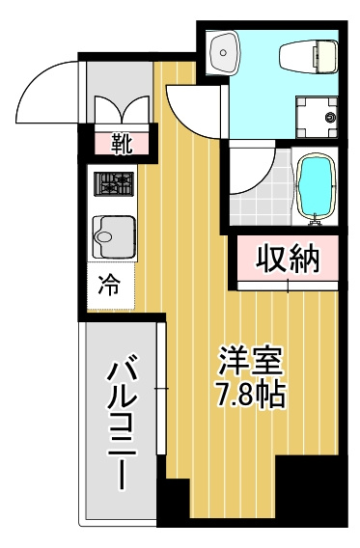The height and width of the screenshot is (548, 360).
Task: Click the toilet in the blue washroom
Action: pyautogui.click(x=309, y=57)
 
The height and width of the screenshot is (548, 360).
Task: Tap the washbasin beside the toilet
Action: pyautogui.click(x=223, y=53)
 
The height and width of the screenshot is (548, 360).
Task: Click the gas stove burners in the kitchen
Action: pyautogui.click(x=114, y=184)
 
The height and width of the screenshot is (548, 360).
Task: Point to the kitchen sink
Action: pyautogui.click(x=114, y=237)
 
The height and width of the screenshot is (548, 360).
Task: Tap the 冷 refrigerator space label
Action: pyautogui.click(x=109, y=285)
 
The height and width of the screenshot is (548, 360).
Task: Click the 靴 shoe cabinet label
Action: pyautogui.click(x=122, y=144)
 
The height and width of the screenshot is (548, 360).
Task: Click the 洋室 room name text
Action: pyautogui.click(x=250, y=362)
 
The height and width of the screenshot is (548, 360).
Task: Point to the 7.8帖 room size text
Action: pyautogui.click(x=250, y=395)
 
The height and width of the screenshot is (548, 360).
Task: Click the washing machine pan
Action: pyautogui.click(x=317, y=118)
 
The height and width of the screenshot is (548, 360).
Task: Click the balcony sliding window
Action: pyautogui.click(x=161, y=389)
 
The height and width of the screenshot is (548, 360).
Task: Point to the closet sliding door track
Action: pyautogui.click(x=288, y=287)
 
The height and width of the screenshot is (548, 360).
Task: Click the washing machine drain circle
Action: pyautogui.click(x=329, y=118)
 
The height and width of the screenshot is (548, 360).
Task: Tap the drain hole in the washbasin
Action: pyautogui.click(x=222, y=53)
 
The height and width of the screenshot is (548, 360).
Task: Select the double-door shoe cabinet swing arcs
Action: pyautogui.click(x=122, y=109)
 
